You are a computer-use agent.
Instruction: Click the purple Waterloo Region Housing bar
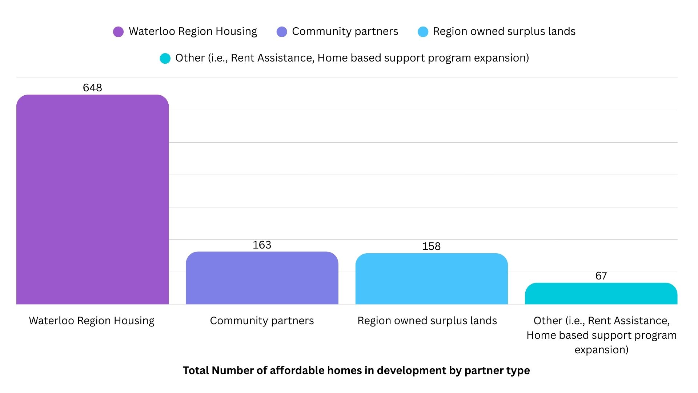[x=92, y=199]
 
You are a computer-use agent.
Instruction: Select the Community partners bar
[x=262, y=278]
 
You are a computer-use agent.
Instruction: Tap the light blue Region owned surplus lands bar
[x=432, y=279]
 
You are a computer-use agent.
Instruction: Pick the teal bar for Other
[x=601, y=294]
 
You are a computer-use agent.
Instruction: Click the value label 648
[x=92, y=88]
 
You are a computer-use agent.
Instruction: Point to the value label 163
[x=262, y=245]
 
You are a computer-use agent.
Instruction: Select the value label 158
[x=432, y=246]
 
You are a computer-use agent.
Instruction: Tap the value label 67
[x=601, y=276]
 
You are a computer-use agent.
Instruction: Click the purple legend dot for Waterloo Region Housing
[x=118, y=32]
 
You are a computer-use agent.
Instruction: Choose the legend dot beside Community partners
[x=282, y=32]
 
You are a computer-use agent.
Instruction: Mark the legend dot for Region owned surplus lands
[x=423, y=32]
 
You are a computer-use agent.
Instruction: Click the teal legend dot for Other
[x=165, y=58]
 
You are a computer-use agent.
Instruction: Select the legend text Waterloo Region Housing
[x=193, y=32]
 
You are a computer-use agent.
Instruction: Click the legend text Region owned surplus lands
[x=504, y=32]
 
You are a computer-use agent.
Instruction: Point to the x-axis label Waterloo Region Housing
[x=92, y=321]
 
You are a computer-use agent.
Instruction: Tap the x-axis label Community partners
[x=262, y=321]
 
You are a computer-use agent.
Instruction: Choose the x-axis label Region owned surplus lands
[x=427, y=321]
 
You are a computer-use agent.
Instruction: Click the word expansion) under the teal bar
[x=601, y=350]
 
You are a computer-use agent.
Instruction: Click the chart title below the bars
[x=356, y=370]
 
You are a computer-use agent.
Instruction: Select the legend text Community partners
[x=345, y=32]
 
